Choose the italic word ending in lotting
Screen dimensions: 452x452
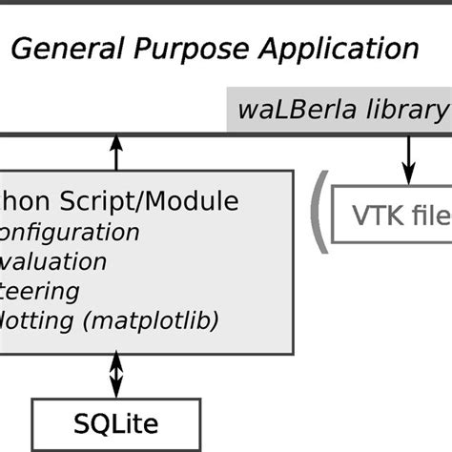pos(38,320)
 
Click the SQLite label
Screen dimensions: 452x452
pos(116,421)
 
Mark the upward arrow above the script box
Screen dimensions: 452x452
pos(116,152)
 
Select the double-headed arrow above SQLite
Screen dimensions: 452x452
pos(116,374)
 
